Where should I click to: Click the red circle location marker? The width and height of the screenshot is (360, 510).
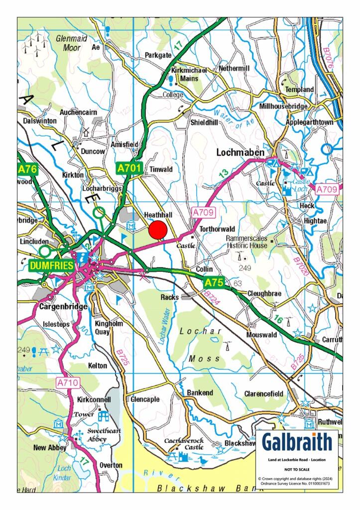pos(158,230)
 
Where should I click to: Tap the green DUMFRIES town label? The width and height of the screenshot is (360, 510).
pos(51,265)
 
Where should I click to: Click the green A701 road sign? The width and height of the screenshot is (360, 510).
pos(130,168)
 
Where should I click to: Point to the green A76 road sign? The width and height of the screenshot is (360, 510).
pos(27,169)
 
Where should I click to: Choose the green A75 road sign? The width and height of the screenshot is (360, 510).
pos(215,282)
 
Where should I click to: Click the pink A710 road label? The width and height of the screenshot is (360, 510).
pos(65,383)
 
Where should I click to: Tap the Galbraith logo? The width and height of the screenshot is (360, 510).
pos(297,442)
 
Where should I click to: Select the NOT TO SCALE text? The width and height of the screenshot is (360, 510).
pos(297,469)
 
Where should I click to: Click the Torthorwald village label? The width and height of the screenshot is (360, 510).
pos(217,229)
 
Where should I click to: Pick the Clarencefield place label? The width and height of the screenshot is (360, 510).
pos(263,393)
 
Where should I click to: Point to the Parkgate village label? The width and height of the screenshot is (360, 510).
pos(158,55)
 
